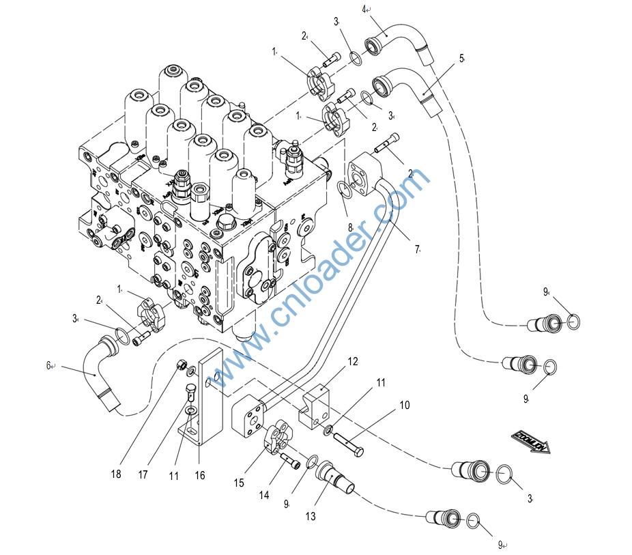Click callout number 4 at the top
(364, 9)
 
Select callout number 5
(462, 59)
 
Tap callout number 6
(49, 366)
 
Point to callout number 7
(416, 250)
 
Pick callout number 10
(404, 405)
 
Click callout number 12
(353, 361)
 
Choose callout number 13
(311, 517)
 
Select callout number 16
(199, 474)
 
